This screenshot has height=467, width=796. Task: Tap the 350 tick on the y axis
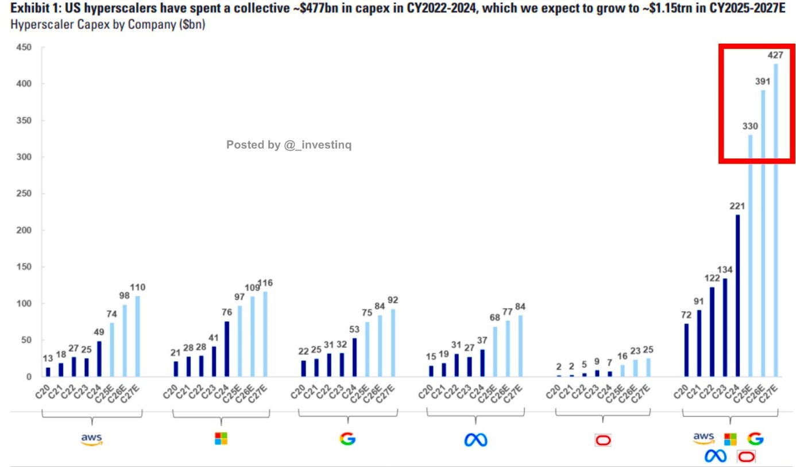23,121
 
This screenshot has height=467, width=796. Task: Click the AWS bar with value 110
137,336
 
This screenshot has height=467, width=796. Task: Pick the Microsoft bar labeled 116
265,334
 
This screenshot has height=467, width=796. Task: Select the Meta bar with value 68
494,352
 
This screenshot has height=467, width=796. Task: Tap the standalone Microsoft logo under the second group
221,439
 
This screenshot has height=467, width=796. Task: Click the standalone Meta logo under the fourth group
476,440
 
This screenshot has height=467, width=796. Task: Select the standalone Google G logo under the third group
347,439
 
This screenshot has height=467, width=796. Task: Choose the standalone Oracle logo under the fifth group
603,441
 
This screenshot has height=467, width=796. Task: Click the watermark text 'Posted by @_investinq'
288,145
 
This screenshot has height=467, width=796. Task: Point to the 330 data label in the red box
749,126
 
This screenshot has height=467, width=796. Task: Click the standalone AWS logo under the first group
91,439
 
